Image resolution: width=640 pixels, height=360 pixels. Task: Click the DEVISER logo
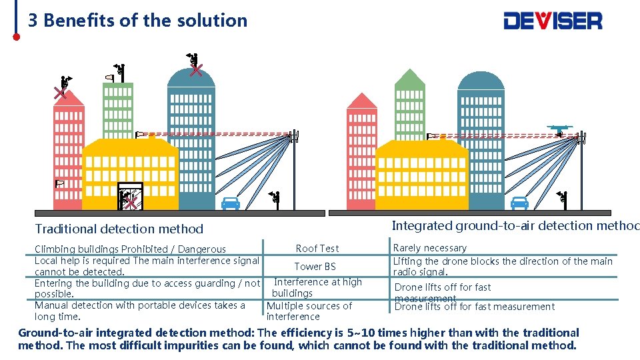pyautogui.click(x=553, y=20)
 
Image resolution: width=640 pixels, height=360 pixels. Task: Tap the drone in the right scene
pyautogui.click(x=559, y=129)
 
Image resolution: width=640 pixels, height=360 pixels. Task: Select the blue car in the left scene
pyautogui.click(x=231, y=203)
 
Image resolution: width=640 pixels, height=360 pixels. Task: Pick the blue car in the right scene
pyautogui.click(x=519, y=203)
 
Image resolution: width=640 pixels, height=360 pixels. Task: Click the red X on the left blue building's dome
pyautogui.click(x=196, y=70)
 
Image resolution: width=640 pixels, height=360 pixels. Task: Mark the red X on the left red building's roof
pyautogui.click(x=61, y=92)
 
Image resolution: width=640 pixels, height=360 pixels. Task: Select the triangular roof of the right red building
pyautogui.click(x=362, y=101)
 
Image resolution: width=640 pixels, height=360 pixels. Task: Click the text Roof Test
pyautogui.click(x=317, y=248)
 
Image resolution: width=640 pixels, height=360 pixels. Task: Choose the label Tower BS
pyautogui.click(x=315, y=266)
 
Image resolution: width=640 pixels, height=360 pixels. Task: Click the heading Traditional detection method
pyautogui.click(x=119, y=229)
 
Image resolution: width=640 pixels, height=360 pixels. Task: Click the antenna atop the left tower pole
pyautogui.click(x=293, y=137)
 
